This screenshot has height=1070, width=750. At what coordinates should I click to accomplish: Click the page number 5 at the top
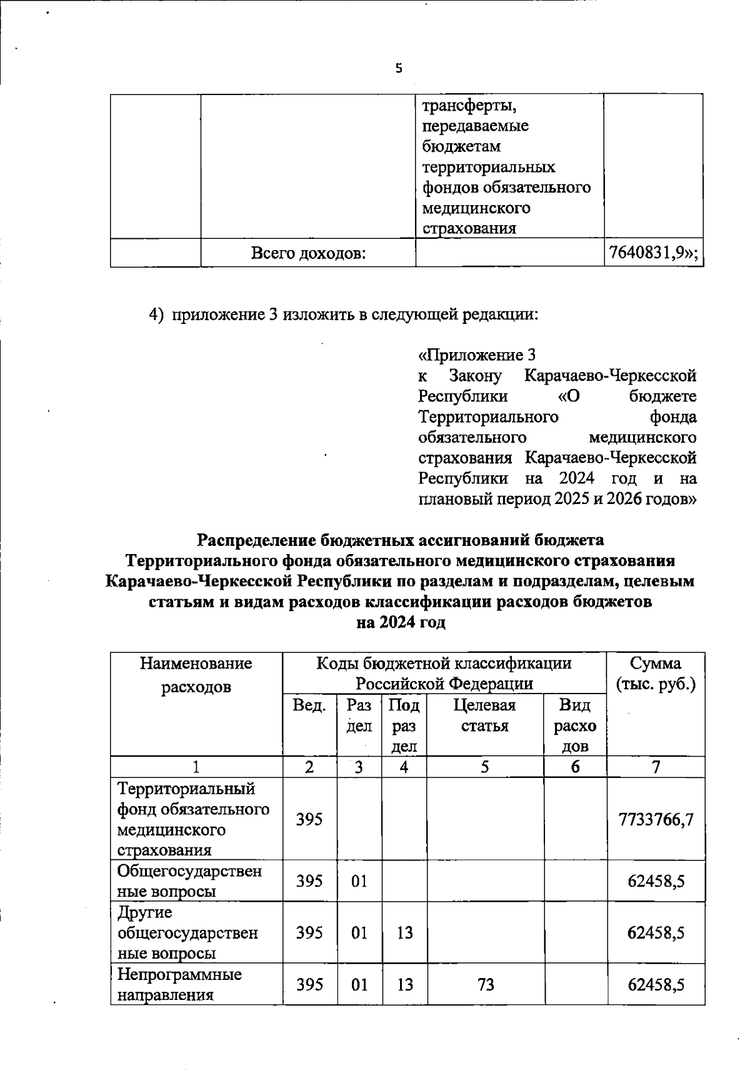(x=399, y=69)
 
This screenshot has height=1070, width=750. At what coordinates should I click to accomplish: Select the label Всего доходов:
(x=308, y=253)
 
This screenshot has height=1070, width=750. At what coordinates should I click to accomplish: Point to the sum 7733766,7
(x=656, y=819)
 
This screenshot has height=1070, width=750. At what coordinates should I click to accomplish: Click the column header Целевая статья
(x=484, y=715)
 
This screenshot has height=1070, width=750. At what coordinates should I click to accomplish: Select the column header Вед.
(x=309, y=705)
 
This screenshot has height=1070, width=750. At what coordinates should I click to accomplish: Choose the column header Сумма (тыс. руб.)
(x=656, y=674)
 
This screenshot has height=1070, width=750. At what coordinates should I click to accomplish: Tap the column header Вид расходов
(x=575, y=725)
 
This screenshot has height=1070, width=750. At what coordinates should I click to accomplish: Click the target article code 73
(x=486, y=984)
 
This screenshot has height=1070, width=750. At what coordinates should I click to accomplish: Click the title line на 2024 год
(x=400, y=623)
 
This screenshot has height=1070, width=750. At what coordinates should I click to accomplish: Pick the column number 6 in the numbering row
(x=575, y=767)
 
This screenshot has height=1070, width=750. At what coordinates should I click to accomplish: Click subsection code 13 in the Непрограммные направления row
(x=404, y=984)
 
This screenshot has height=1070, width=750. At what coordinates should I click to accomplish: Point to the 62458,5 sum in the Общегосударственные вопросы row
(x=656, y=881)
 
